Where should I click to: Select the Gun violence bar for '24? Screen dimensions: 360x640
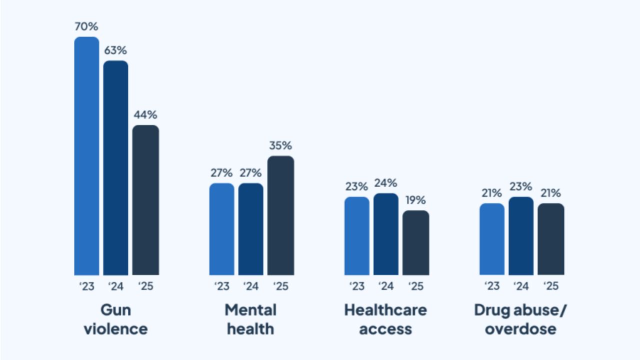(x=115, y=168)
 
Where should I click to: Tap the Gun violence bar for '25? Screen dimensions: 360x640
(x=145, y=200)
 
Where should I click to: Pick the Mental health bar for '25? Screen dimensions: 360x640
(x=280, y=215)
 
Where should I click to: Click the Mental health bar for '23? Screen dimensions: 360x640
(x=221, y=229)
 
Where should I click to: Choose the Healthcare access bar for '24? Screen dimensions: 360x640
(x=385, y=234)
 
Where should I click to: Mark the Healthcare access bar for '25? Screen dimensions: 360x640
(x=415, y=242)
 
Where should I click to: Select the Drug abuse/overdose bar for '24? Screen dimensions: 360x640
(x=521, y=236)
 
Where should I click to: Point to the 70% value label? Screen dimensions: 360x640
(x=86, y=26)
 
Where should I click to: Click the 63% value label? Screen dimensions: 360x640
(x=115, y=50)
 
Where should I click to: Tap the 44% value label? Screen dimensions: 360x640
(x=145, y=114)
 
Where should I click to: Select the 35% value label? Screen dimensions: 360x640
(x=280, y=145)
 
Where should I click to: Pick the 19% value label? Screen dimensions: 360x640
(x=415, y=200)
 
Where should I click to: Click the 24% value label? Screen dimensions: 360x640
(x=385, y=183)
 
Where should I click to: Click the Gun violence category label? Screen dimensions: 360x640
(x=115, y=319)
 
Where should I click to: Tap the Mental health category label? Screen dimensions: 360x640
(x=250, y=319)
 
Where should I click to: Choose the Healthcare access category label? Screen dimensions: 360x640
(x=385, y=319)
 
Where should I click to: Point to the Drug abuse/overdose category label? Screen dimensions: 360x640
(x=521, y=319)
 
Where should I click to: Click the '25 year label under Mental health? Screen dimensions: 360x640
(x=280, y=286)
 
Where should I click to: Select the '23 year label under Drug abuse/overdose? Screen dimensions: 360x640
(x=492, y=286)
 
